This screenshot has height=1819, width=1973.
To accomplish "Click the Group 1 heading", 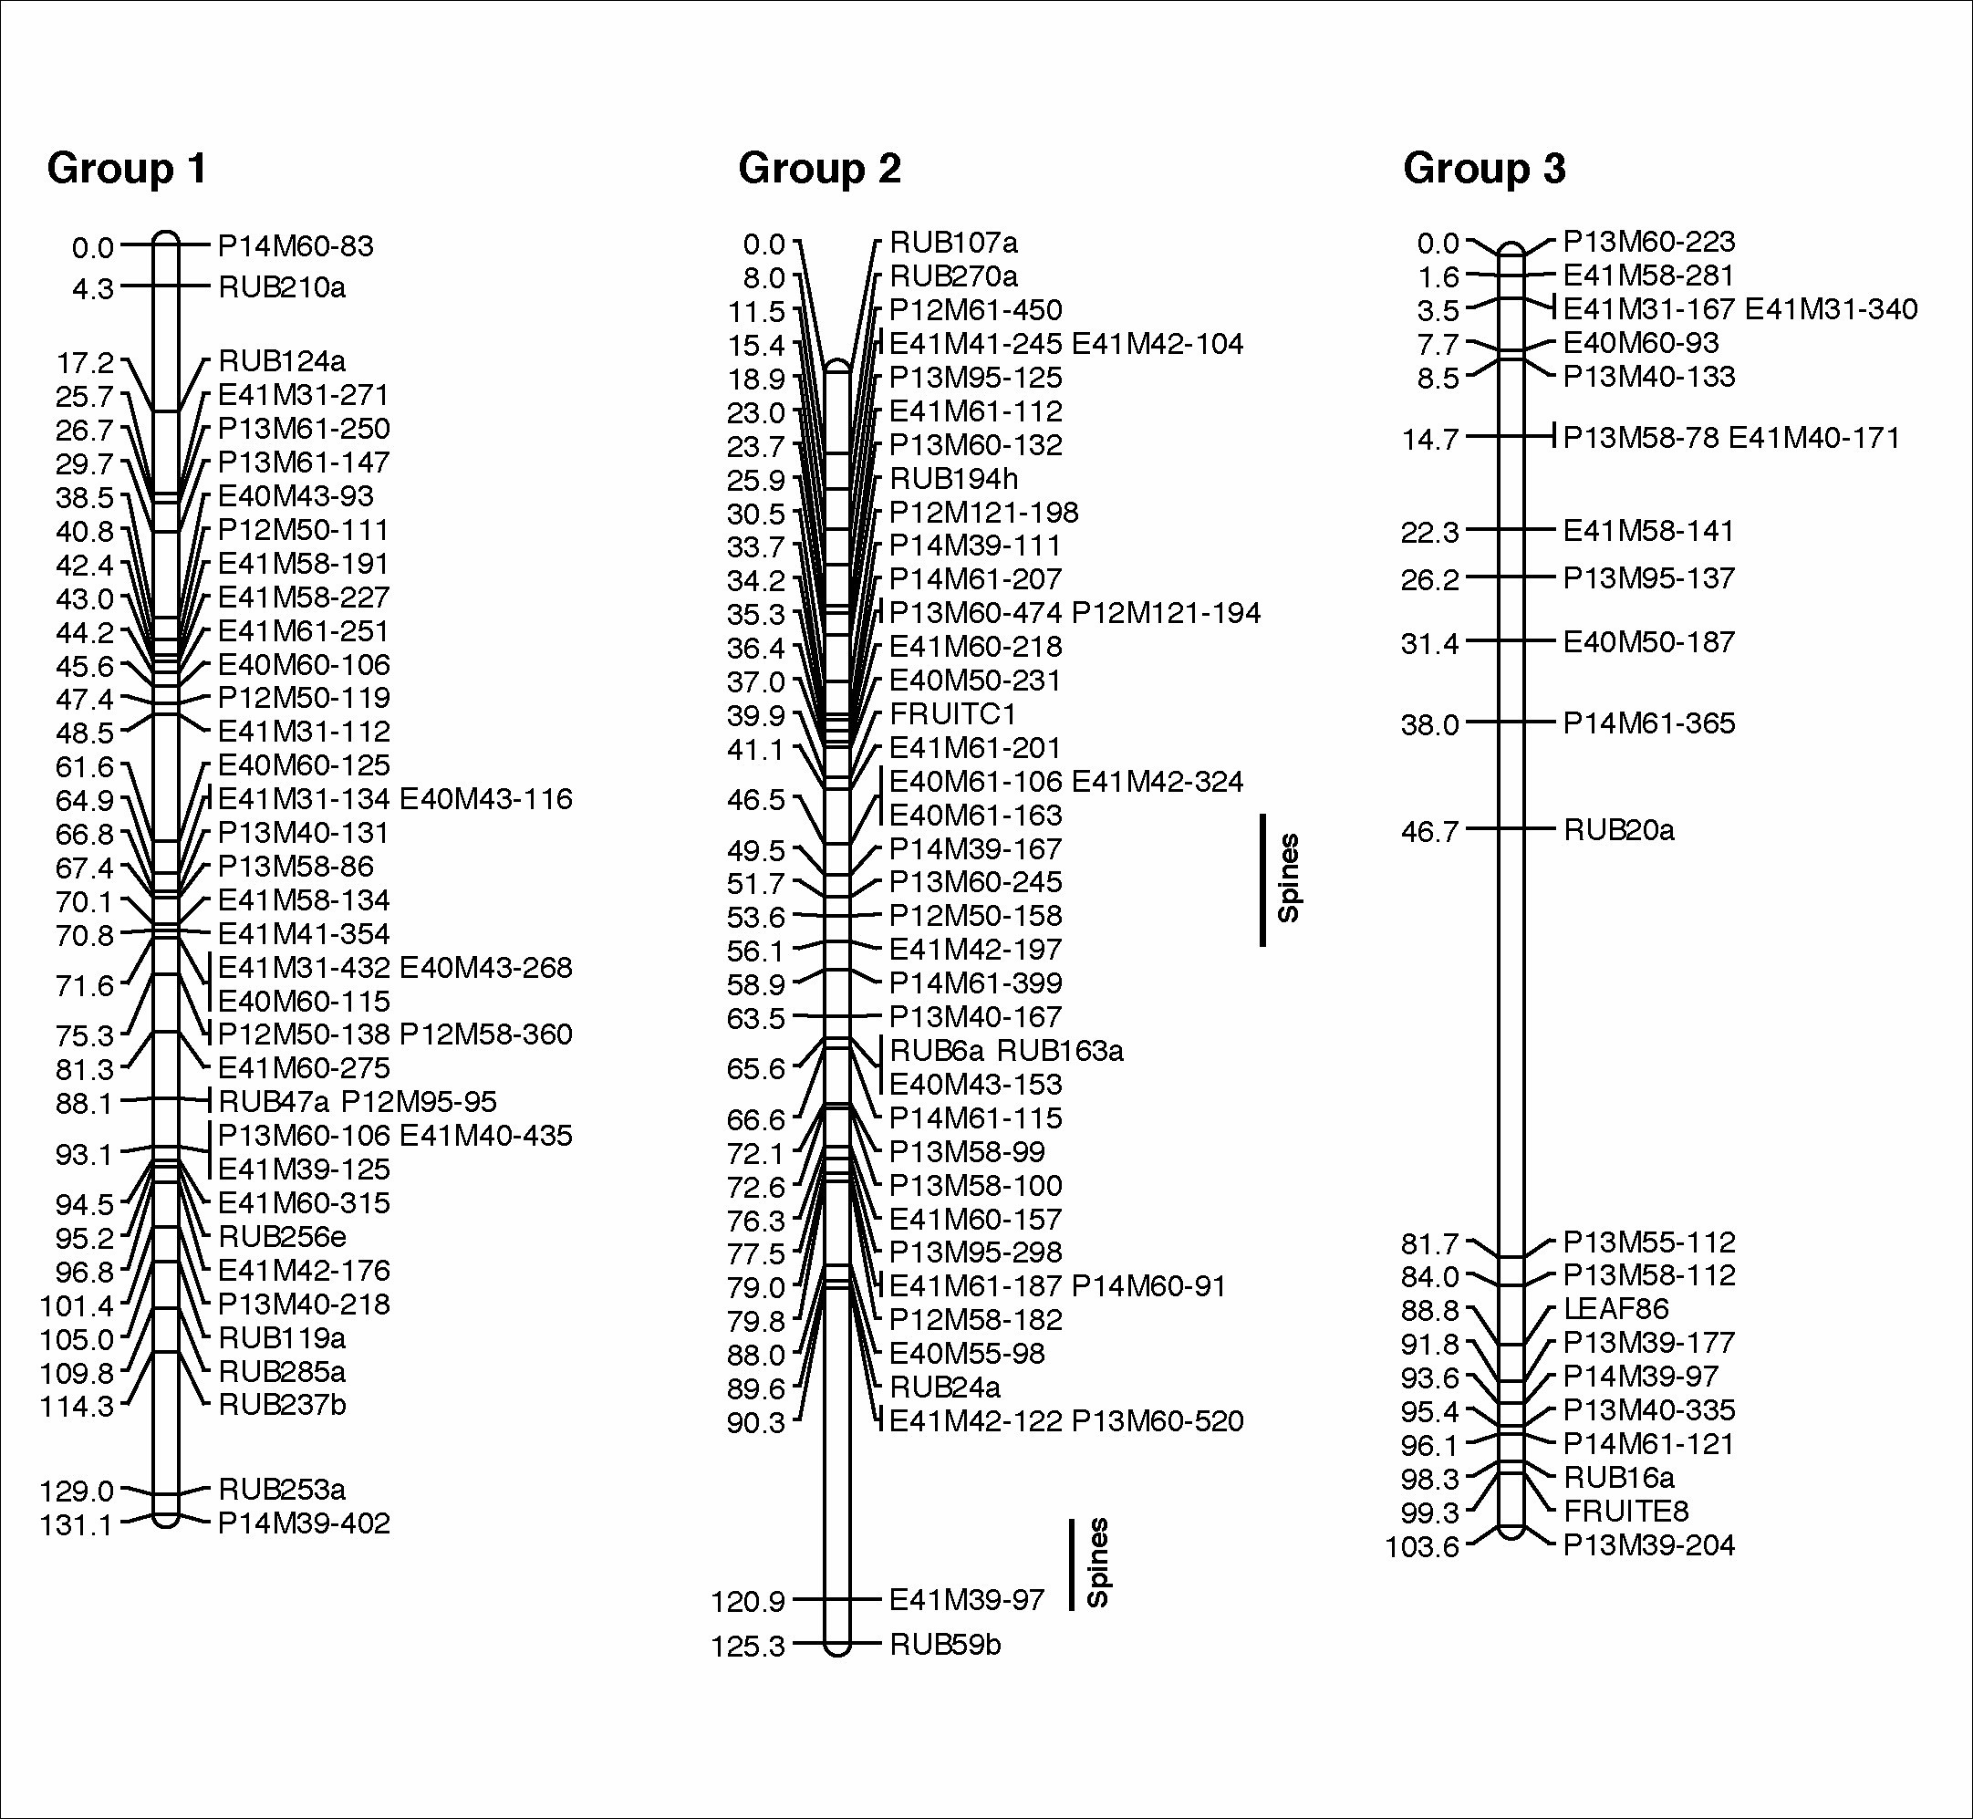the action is click(127, 169).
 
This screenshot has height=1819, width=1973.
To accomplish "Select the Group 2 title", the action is click(820, 169).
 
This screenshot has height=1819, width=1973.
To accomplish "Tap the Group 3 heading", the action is click(1484, 169).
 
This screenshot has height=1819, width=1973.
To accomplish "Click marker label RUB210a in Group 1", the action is click(283, 287).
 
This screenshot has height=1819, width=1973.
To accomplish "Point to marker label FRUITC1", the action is click(952, 713).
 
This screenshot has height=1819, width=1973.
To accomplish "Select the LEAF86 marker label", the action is click(1615, 1309).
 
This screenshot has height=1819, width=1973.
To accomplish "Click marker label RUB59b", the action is click(946, 1645).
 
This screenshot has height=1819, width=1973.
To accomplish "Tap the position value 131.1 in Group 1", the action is click(77, 1524).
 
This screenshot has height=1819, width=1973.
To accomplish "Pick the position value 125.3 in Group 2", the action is click(748, 1646).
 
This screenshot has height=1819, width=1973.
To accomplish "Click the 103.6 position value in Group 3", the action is click(1422, 1546).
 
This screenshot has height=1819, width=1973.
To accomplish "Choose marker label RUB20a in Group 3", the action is click(1619, 830).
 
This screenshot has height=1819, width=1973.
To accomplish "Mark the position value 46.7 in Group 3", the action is click(1430, 832).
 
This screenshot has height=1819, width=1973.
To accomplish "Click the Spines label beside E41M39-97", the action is click(1098, 1563).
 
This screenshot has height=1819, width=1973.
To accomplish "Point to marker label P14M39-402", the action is click(304, 1523).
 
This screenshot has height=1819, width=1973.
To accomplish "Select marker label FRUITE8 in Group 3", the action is click(1625, 1511).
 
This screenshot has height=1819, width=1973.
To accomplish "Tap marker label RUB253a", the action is click(283, 1490).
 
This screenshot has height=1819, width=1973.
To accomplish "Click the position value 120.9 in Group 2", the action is click(748, 1603).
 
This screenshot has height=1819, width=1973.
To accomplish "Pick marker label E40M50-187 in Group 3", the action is click(1649, 642).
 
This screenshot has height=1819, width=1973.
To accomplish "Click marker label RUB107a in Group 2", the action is click(953, 242).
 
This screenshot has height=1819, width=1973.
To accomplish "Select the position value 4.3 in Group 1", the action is click(92, 288).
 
